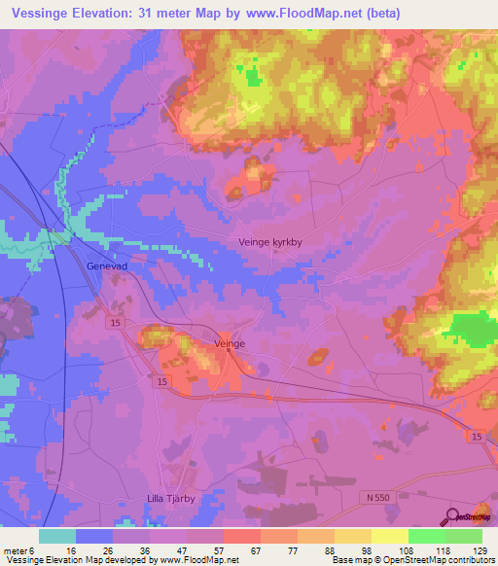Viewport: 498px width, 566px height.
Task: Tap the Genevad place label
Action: [81, 276]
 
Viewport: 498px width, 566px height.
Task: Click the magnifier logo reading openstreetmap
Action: [470, 516]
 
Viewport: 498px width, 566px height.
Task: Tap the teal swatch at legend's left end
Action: [57, 536]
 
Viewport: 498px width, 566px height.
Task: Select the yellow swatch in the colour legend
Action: [390, 536]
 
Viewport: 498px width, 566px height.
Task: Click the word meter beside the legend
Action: [14, 548]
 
